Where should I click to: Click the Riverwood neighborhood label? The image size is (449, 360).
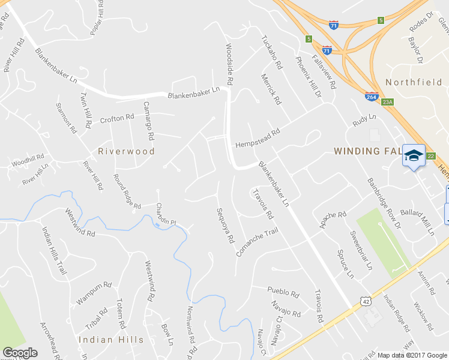[127, 151]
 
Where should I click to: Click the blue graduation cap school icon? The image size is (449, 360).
[413, 156]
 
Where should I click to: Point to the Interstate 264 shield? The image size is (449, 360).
[371, 96]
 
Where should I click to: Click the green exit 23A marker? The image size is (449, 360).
[388, 103]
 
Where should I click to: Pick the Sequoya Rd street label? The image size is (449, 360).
[226, 226]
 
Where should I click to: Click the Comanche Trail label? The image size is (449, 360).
[258, 241]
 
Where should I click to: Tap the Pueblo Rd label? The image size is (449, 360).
[283, 294]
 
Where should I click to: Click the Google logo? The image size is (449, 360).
[20, 353]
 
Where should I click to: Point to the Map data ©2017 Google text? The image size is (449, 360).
[412, 355]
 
